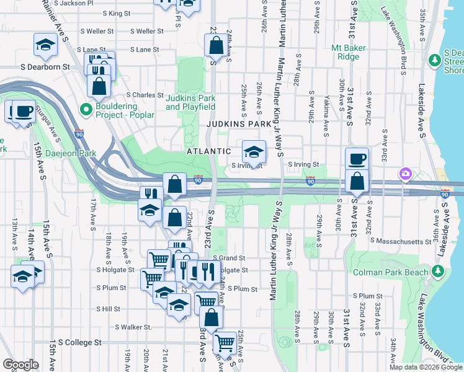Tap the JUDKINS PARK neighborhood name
point(239,124)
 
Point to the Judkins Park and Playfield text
point(190,102)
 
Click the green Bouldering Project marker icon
point(87,110)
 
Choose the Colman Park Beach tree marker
point(438,272)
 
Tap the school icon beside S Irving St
point(253,151)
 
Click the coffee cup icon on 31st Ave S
point(357,158)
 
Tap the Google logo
point(20,365)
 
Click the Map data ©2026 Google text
point(426,367)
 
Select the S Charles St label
point(145,95)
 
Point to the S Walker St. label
point(133,327)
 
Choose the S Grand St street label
point(229,258)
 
